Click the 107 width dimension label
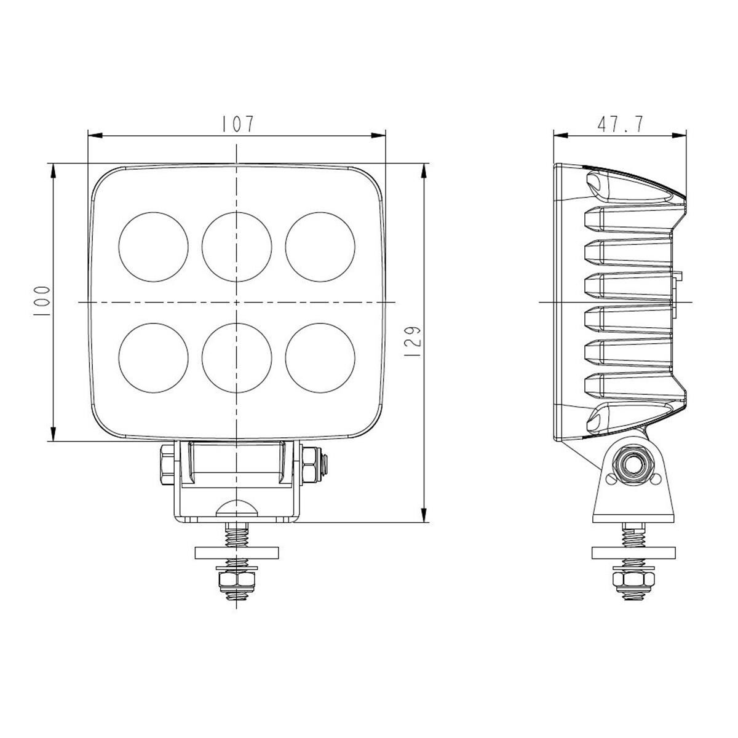pos(236,124)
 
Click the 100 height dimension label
pos(42,301)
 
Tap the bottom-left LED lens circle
pos(153,357)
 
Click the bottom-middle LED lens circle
pos(236,357)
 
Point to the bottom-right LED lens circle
pos(320,357)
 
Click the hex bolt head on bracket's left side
pos(165,466)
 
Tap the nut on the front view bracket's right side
pos(311,466)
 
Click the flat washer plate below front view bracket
pos(236,552)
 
